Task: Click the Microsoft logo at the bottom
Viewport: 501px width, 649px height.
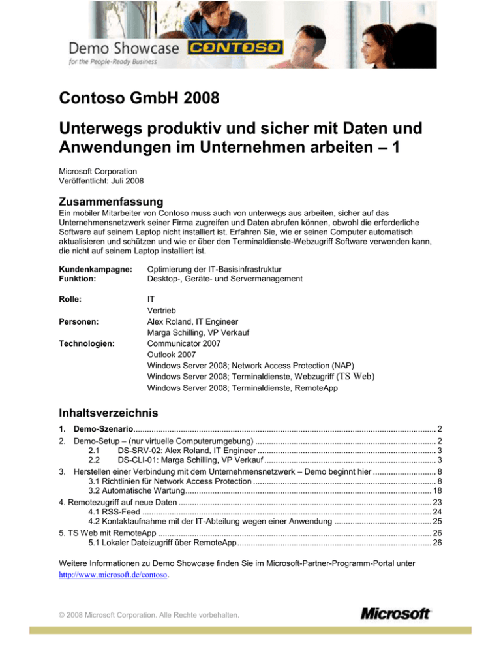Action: [395, 614]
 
